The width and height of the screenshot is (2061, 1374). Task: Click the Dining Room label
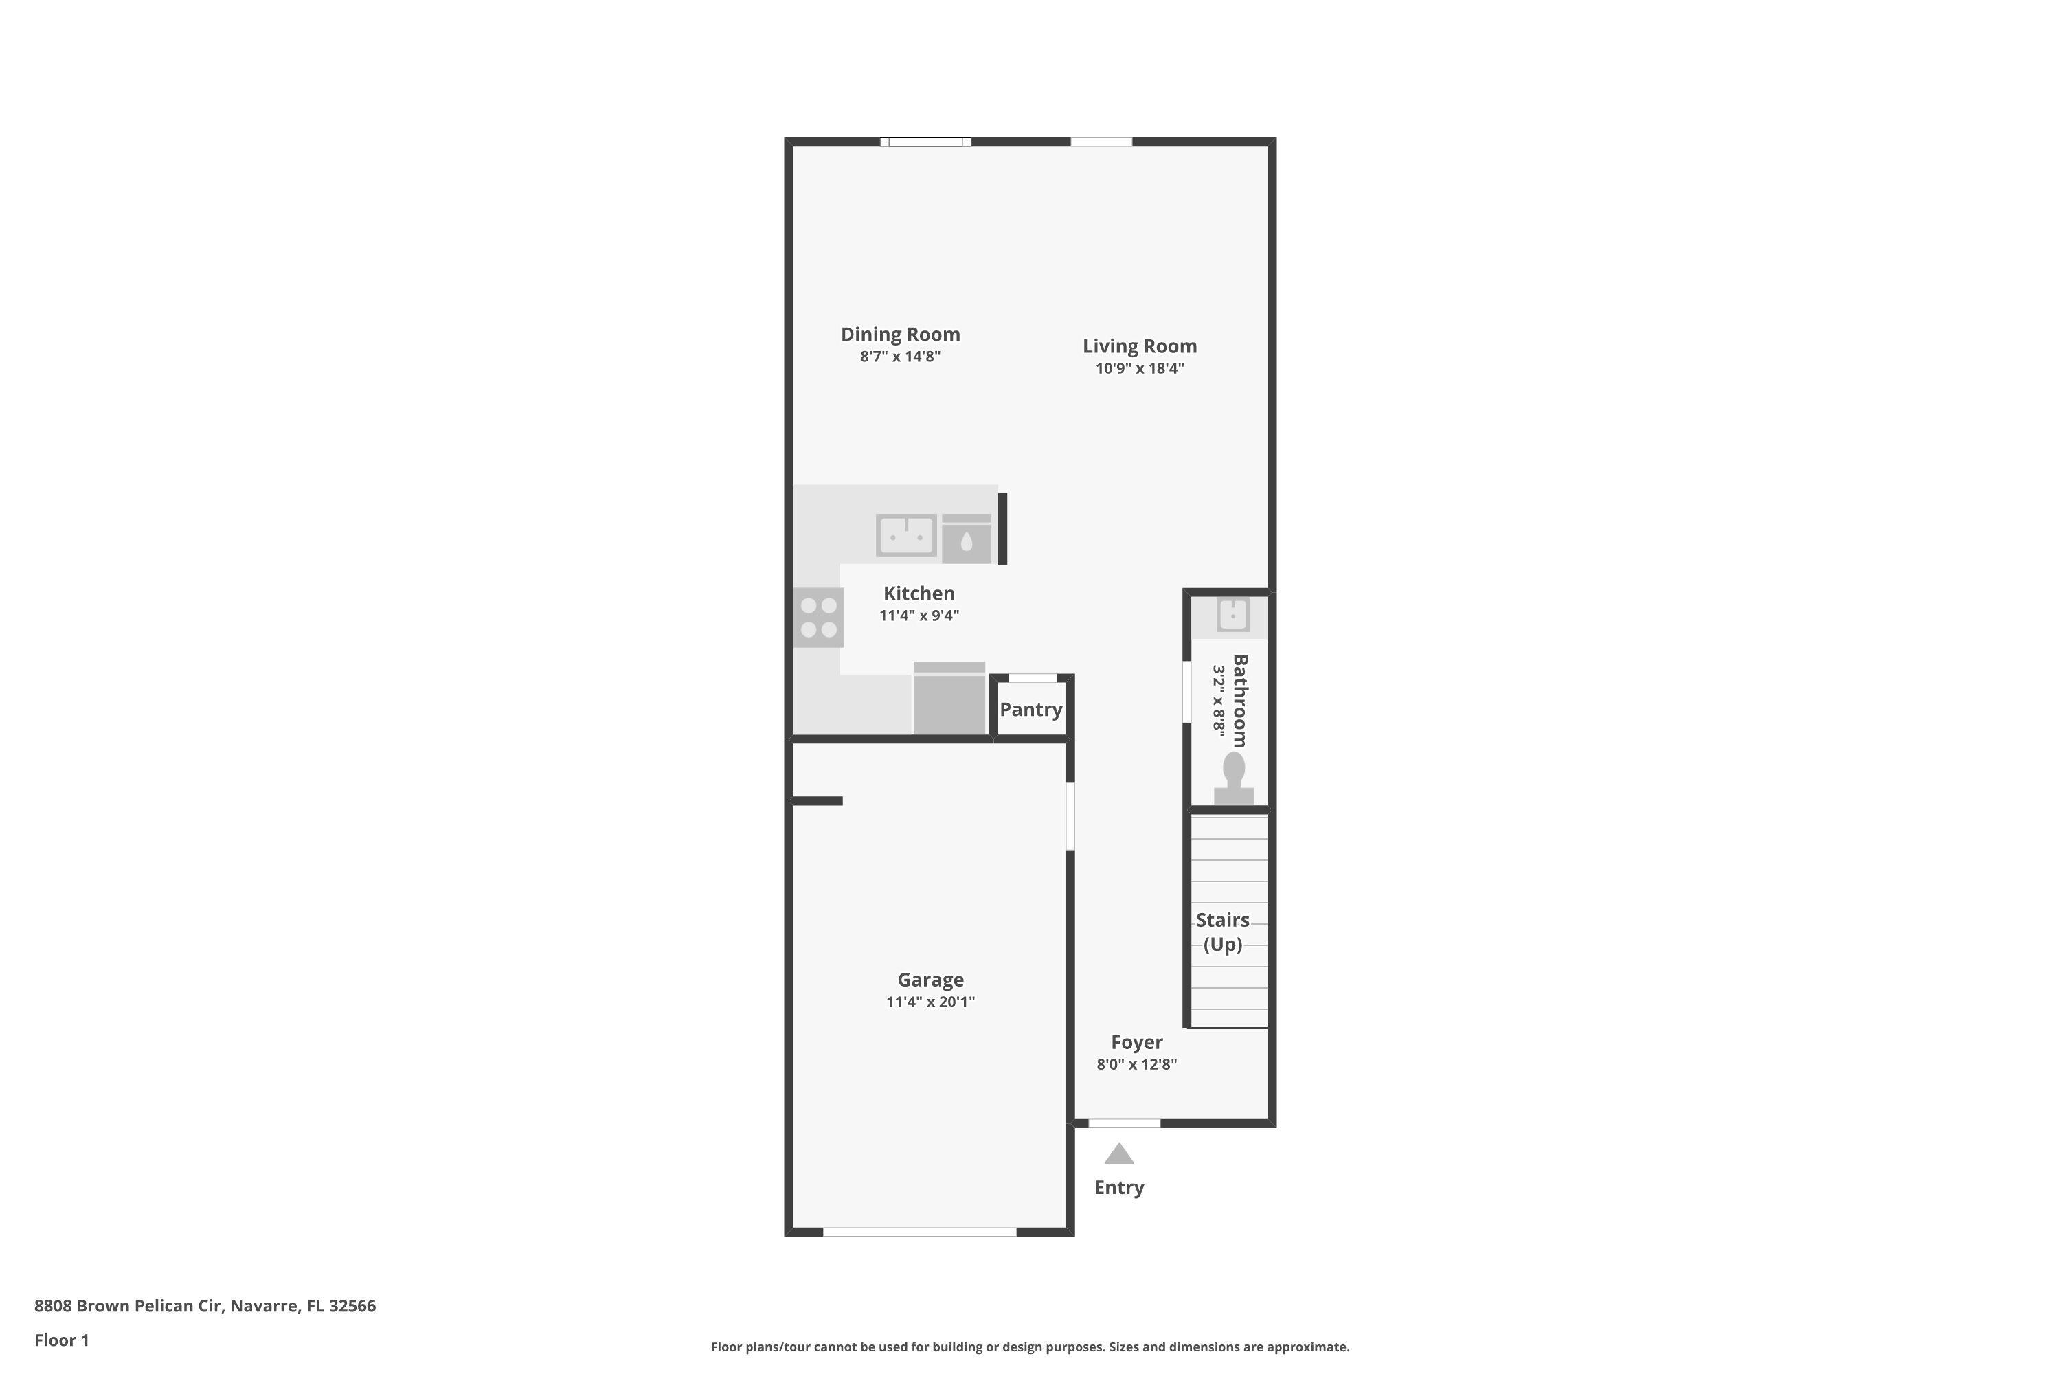(900, 334)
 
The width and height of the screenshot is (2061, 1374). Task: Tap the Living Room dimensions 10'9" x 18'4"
(1139, 369)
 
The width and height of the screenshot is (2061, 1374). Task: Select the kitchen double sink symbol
(906, 534)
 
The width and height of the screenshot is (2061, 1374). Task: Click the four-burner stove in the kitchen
(818, 618)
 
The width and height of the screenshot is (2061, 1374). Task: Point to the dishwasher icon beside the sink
(967, 539)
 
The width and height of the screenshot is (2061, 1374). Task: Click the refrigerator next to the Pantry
(950, 699)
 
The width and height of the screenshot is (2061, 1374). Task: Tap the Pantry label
(1030, 710)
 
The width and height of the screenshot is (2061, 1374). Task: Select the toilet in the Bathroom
(1234, 779)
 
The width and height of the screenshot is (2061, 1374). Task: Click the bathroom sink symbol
(1233, 614)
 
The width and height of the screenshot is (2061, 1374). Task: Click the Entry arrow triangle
(1119, 1155)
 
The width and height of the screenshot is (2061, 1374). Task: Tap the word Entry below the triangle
(1119, 1187)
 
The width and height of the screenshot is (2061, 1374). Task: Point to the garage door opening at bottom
(919, 1232)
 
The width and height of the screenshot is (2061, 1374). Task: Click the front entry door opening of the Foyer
(1124, 1123)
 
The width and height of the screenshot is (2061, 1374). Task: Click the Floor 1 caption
(61, 1340)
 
